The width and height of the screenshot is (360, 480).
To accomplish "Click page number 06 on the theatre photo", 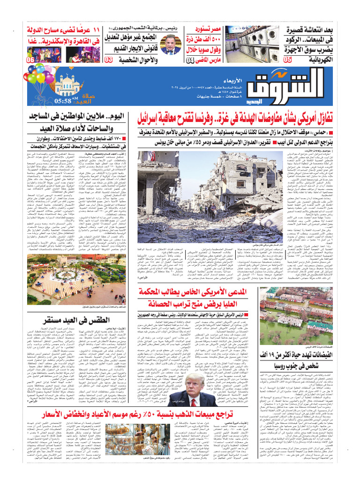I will coord(30,60).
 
